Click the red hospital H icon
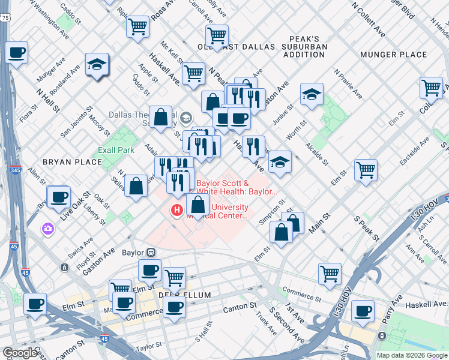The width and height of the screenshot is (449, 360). click(x=177, y=211)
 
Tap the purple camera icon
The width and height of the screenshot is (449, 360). click(x=47, y=229)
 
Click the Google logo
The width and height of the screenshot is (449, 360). click(x=20, y=353)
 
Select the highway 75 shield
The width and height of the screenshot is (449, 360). click(x=5, y=19)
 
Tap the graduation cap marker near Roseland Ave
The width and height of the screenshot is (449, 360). click(x=96, y=65)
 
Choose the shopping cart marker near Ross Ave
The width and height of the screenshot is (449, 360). click(x=138, y=26)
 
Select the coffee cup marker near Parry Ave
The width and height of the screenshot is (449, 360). click(x=363, y=312)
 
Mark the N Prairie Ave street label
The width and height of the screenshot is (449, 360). click(x=349, y=84)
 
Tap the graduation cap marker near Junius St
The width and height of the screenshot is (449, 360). click(x=312, y=94)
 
